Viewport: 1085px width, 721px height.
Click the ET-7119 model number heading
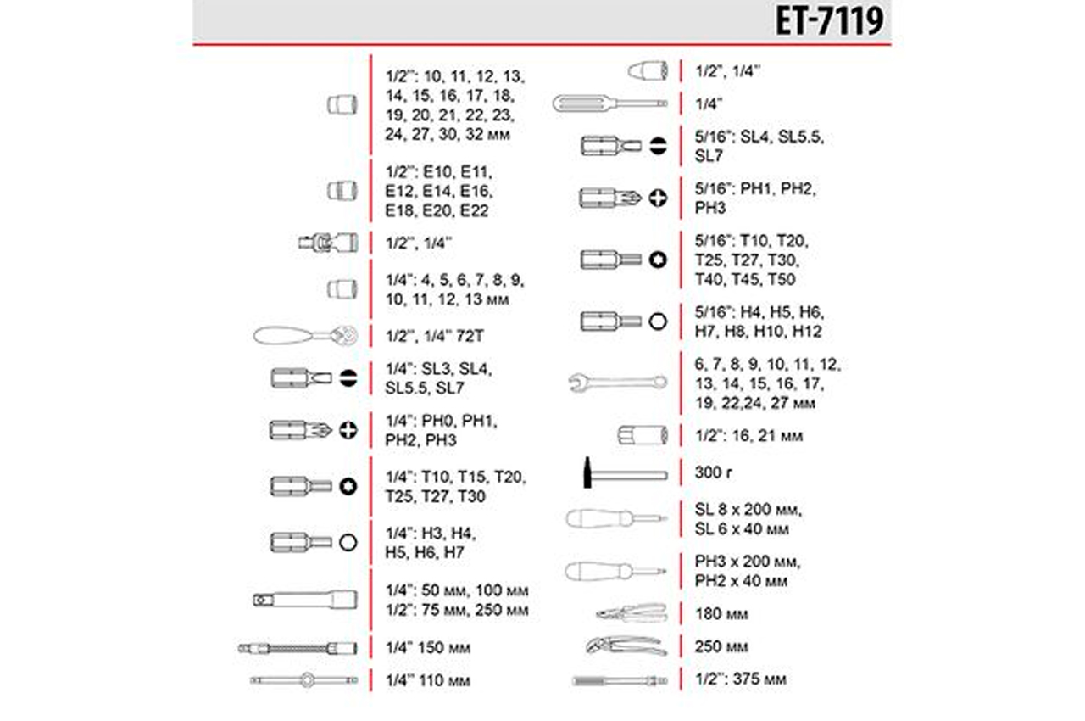point(829,22)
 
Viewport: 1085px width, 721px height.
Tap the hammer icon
point(626,473)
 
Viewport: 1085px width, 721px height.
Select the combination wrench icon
point(618,383)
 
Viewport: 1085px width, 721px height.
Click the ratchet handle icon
point(306,335)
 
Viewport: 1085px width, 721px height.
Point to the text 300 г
point(713,472)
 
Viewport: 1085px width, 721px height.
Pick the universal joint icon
point(328,243)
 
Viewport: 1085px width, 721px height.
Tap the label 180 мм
point(721,614)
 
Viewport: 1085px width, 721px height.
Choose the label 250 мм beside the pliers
point(721,646)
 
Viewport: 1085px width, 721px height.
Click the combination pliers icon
point(632,614)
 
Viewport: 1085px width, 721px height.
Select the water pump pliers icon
point(626,646)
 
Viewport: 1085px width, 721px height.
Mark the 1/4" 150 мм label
point(428,648)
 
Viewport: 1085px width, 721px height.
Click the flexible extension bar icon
point(298,648)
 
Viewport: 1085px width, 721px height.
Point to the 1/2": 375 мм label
point(741,679)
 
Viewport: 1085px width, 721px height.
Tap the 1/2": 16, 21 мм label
point(748,436)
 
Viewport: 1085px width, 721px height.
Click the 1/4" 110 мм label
point(428,681)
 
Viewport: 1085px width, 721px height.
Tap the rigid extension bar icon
point(305,601)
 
